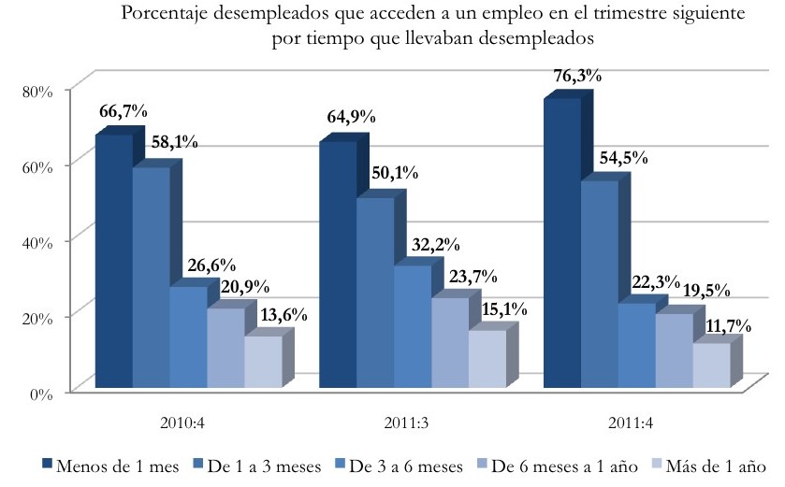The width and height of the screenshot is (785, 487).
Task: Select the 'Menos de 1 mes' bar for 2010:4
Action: (x=114, y=262)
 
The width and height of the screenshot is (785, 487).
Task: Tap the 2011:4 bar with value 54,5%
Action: (x=598, y=284)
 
